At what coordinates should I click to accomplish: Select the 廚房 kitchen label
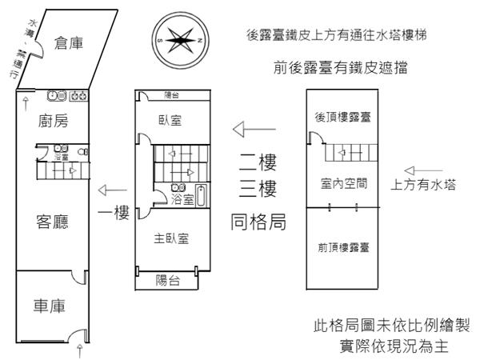click(53, 122)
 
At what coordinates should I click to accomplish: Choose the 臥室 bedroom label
click(170, 121)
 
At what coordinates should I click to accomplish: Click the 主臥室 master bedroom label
click(171, 238)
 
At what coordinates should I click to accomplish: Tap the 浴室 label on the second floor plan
click(182, 200)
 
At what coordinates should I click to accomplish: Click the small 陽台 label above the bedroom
click(172, 95)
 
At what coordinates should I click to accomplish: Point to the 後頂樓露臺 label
click(342, 118)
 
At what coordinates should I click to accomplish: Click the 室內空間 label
click(343, 183)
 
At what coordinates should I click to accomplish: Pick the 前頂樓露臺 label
click(343, 247)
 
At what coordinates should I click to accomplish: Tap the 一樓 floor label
click(114, 214)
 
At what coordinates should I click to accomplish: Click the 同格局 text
click(258, 220)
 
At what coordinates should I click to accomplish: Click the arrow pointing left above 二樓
click(249, 128)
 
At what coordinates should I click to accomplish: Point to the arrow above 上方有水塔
click(421, 169)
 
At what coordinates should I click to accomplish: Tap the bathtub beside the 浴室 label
click(201, 195)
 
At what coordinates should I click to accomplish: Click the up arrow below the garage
click(78, 351)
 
